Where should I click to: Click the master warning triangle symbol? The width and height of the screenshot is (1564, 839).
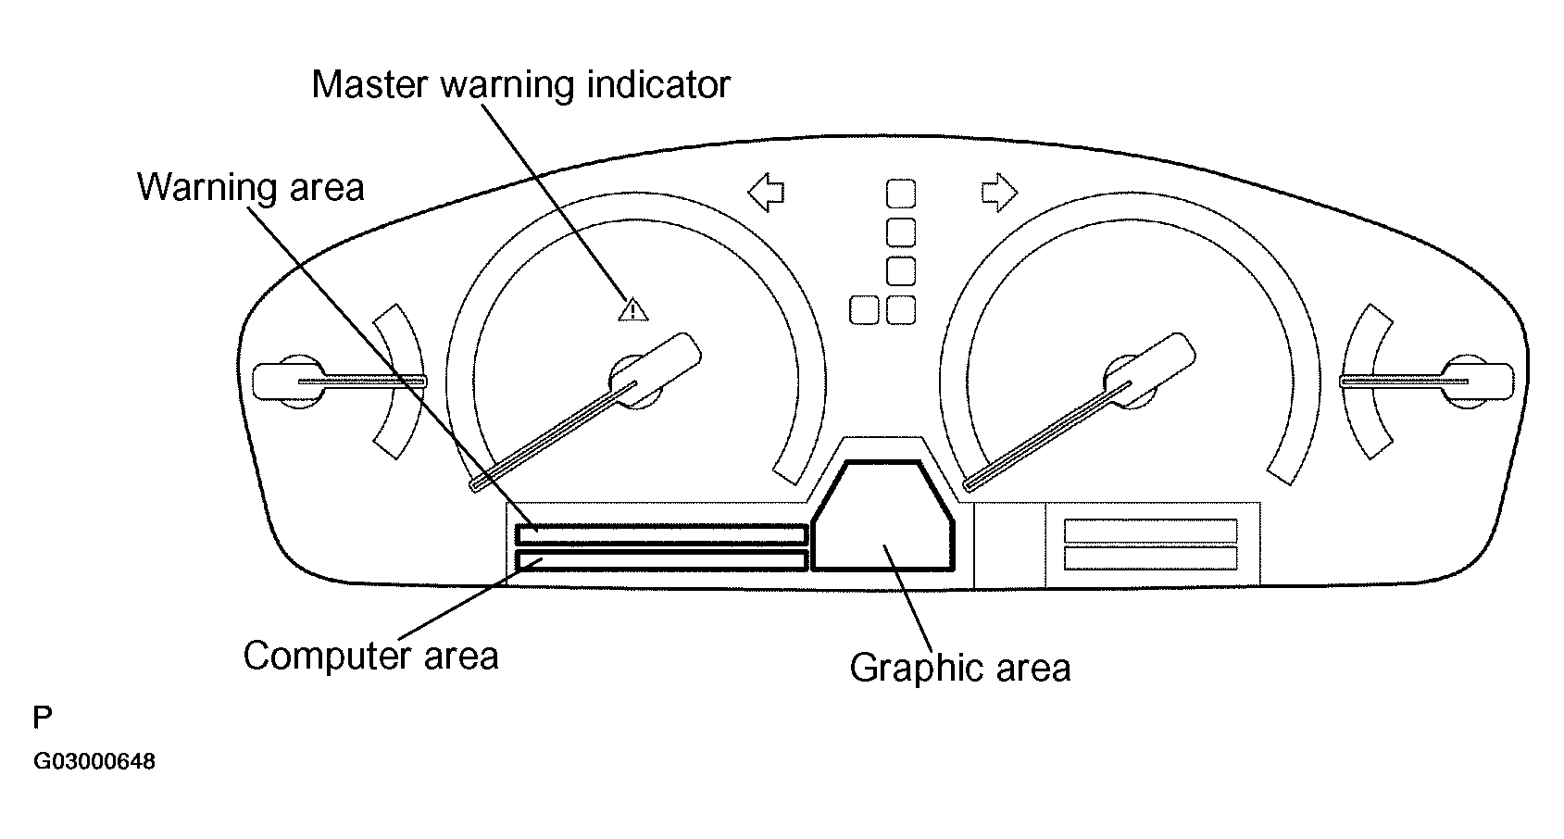pyautogui.click(x=633, y=308)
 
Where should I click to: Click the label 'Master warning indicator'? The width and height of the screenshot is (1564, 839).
pyautogui.click(x=520, y=84)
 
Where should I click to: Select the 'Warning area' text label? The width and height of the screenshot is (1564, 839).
pyautogui.click(x=251, y=187)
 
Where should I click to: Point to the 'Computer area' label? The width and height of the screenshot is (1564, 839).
pyautogui.click(x=370, y=656)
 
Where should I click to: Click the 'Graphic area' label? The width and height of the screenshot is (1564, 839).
pyautogui.click(x=959, y=668)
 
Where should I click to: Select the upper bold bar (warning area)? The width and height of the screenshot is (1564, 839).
pyautogui.click(x=661, y=534)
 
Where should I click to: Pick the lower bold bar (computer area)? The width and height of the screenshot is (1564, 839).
pyautogui.click(x=661, y=560)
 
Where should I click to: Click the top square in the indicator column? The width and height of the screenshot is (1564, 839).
pyautogui.click(x=901, y=194)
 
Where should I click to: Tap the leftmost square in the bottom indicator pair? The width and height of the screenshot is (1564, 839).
pyautogui.click(x=863, y=310)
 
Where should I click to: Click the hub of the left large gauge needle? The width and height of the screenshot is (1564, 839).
pyautogui.click(x=635, y=381)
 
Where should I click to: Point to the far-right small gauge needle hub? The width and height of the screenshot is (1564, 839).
pyautogui.click(x=1469, y=381)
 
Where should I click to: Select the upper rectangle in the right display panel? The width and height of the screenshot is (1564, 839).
pyautogui.click(x=1150, y=531)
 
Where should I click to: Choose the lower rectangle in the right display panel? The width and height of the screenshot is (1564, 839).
pyautogui.click(x=1150, y=558)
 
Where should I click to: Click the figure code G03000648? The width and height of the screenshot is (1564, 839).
pyautogui.click(x=94, y=762)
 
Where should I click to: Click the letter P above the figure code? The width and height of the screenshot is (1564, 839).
pyautogui.click(x=43, y=718)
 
